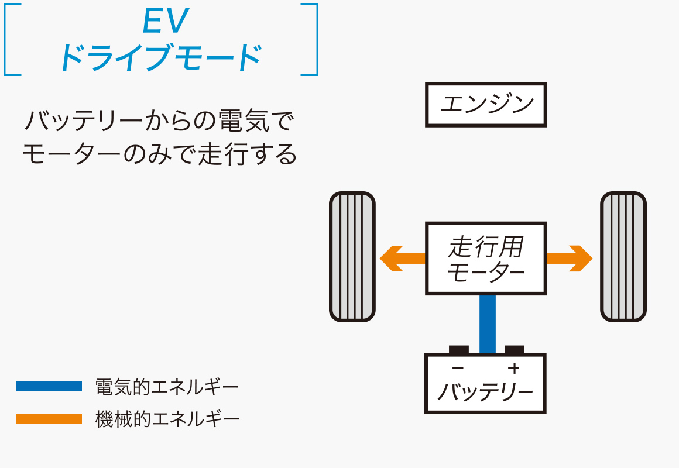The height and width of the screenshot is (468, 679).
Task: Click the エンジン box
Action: pyautogui.click(x=485, y=105)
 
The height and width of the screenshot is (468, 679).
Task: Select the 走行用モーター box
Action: pyautogui.click(x=485, y=258)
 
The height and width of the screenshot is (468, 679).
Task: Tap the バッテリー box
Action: pyautogui.click(x=485, y=384)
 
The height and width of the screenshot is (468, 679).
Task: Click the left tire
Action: pyautogui.click(x=352, y=257)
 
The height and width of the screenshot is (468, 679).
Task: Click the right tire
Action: pyautogui.click(x=623, y=257)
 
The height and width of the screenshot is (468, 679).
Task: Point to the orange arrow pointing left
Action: pyautogui.click(x=400, y=258)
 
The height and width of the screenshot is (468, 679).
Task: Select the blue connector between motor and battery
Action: pyautogui.click(x=487, y=324)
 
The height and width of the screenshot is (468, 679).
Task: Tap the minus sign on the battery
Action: pyautogui.click(x=458, y=368)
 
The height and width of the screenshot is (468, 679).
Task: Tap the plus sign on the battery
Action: pyautogui.click(x=513, y=368)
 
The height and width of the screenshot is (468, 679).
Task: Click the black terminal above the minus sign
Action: pyautogui.click(x=458, y=350)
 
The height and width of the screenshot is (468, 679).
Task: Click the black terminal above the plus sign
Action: pyautogui.click(x=514, y=350)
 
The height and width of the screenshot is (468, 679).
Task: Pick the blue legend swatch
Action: pyautogui.click(x=49, y=387)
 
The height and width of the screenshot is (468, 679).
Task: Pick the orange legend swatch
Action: pyautogui.click(x=49, y=419)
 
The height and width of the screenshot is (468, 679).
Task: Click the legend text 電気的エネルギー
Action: pyautogui.click(x=167, y=387)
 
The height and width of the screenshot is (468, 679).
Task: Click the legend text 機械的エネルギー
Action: pyautogui.click(x=167, y=419)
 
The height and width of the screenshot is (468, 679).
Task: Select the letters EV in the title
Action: pyautogui.click(x=165, y=22)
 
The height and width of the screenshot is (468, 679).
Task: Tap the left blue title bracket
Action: pyautogui.click(x=7, y=39)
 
